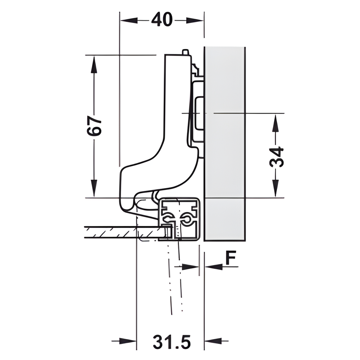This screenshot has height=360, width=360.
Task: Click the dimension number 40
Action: pyautogui.click(x=162, y=20)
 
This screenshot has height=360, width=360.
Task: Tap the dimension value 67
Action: pyautogui.click(x=94, y=126)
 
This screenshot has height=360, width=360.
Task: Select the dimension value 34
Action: pyautogui.click(x=276, y=157)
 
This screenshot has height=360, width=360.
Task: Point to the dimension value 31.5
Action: pyautogui.click(x=172, y=342)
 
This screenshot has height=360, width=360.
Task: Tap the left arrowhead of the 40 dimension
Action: pyautogui.click(x=129, y=21)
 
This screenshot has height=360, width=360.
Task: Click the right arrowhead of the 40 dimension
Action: pyautogui.click(x=195, y=21)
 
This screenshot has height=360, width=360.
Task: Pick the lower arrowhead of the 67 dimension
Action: pyautogui.click(x=94, y=188)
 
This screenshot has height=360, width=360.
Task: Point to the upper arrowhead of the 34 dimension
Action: pyautogui.click(x=276, y=123)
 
